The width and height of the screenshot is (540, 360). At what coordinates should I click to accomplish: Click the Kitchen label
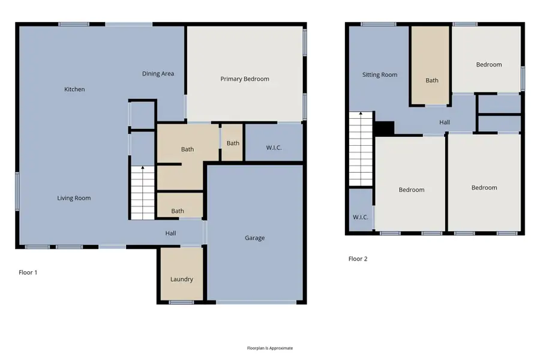[x=74, y=89]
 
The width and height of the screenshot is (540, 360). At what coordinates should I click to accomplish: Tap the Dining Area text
[x=158, y=74]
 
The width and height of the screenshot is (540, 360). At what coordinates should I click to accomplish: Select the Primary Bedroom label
[x=244, y=79]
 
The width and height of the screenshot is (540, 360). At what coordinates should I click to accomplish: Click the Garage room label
[x=254, y=238]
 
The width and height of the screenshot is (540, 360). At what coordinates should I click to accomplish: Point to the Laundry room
[x=181, y=279]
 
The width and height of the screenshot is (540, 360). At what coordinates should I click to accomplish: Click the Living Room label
[x=74, y=198]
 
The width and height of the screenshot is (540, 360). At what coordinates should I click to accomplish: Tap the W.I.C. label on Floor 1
[x=273, y=148]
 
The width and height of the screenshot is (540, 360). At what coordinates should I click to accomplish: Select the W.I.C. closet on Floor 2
[x=360, y=217]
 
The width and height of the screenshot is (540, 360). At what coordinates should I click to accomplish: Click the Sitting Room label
[x=380, y=75]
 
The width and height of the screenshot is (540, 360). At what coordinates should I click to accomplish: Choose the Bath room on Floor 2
[x=431, y=80]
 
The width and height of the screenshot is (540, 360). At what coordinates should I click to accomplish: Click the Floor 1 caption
[x=28, y=272]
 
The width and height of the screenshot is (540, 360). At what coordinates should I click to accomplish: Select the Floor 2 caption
[x=358, y=259]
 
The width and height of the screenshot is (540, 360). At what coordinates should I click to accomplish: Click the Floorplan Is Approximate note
[x=269, y=348]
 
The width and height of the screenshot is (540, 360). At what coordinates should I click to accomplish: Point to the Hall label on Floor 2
[x=444, y=122]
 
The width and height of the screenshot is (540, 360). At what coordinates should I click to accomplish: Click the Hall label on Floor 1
[x=170, y=233]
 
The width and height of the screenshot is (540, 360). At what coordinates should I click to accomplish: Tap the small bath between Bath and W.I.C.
[x=233, y=143]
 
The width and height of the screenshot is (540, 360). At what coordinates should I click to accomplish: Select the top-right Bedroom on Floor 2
[x=488, y=65]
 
